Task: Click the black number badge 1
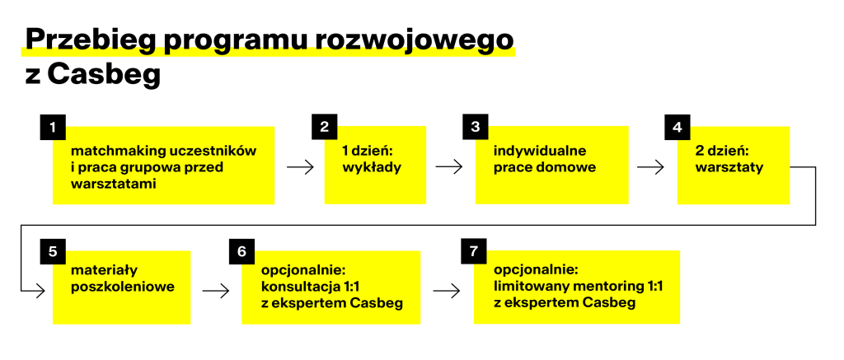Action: pyautogui.click(x=53, y=127)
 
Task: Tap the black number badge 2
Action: pyautogui.click(x=324, y=127)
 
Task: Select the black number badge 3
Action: pyautogui.click(x=476, y=127)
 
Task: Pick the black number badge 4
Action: pyautogui.click(x=678, y=127)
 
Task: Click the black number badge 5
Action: pyautogui.click(x=53, y=251)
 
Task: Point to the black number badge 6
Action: pyautogui.click(x=241, y=251)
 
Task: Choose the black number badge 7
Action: pyautogui.click(x=474, y=251)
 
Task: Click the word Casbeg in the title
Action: pyautogui.click(x=104, y=76)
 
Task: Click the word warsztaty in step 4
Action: pyautogui.click(x=729, y=167)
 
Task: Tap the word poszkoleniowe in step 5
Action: pyautogui.click(x=123, y=287)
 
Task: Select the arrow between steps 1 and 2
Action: pyautogui.click(x=300, y=167)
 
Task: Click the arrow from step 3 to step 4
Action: pyautogui.click(x=650, y=167)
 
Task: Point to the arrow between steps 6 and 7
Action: pyautogui.click(x=447, y=292)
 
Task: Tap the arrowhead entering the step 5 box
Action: pyautogui.click(x=42, y=292)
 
